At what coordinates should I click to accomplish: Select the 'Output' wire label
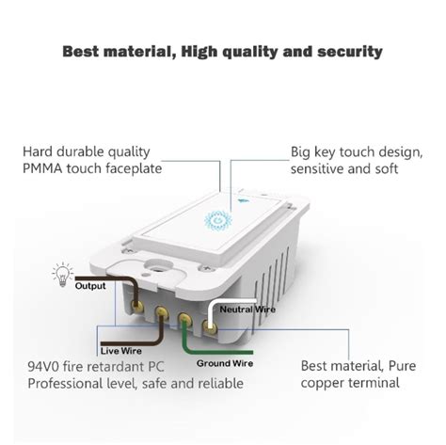[x=90, y=286]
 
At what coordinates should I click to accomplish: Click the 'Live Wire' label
[x=120, y=349]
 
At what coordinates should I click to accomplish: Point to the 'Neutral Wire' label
[x=247, y=308]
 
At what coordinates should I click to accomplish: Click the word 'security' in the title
[x=347, y=51]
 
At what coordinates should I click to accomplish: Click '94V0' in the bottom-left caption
[x=47, y=365]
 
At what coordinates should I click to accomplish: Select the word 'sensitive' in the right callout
[x=320, y=168]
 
